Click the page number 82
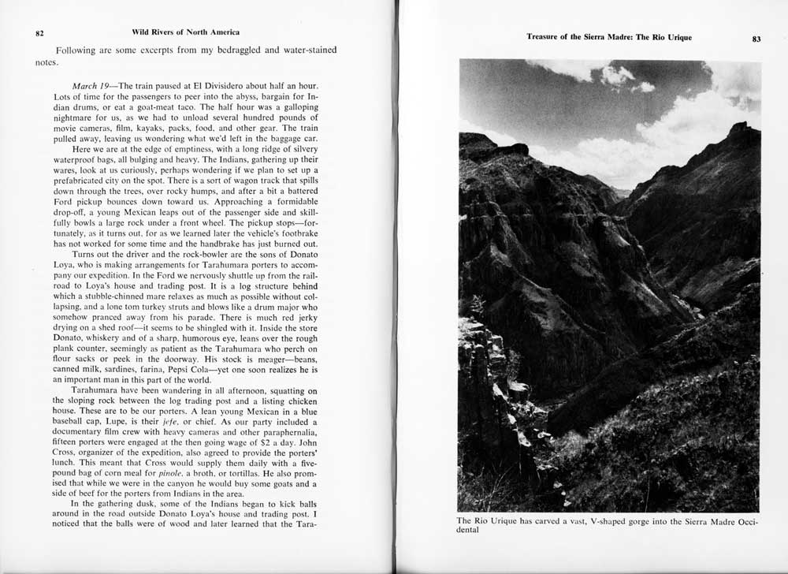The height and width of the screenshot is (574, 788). [39, 33]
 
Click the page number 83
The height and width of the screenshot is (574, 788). [756, 39]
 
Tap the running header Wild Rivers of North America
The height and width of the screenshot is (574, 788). [186, 32]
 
